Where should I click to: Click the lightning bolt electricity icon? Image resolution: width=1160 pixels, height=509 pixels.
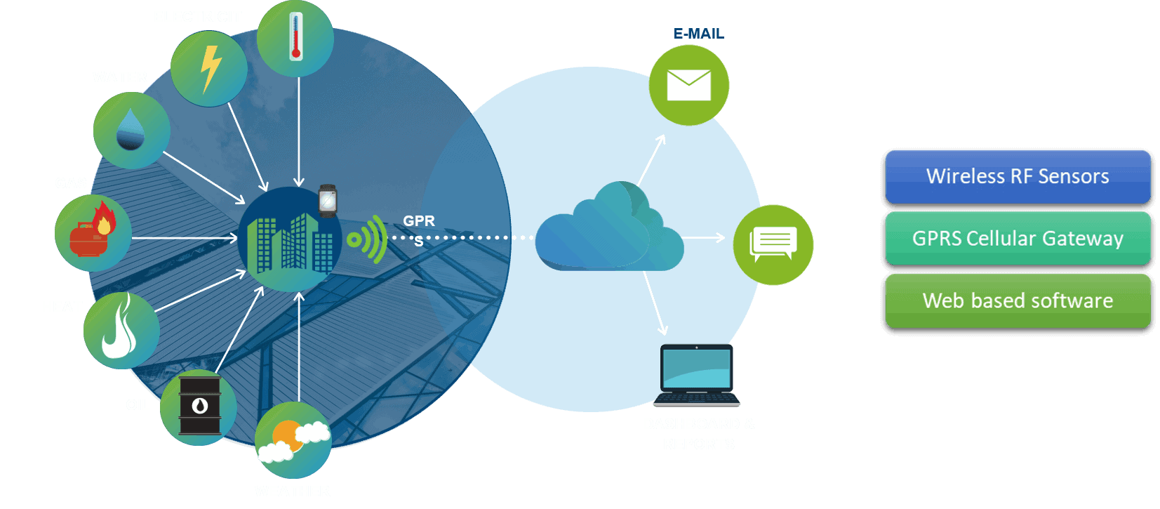pyautogui.click(x=210, y=69)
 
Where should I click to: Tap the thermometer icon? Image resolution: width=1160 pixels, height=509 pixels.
pyautogui.click(x=295, y=37)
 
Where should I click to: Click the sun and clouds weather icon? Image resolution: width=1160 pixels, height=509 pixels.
pyautogui.click(x=293, y=441)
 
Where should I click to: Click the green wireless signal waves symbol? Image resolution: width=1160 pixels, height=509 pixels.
pyautogui.click(x=369, y=239)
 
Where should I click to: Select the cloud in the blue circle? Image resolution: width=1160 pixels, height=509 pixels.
pyautogui.click(x=609, y=229)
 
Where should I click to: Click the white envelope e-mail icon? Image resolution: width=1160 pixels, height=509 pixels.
pyautogui.click(x=688, y=85)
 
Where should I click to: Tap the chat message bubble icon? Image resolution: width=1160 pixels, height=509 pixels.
pyautogui.click(x=773, y=244)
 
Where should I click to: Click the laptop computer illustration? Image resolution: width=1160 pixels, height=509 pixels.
pyautogui.click(x=697, y=376)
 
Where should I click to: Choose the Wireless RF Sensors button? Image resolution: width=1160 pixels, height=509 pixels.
pyautogui.click(x=1018, y=176)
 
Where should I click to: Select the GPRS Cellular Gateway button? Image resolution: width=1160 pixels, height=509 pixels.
pyautogui.click(x=1018, y=239)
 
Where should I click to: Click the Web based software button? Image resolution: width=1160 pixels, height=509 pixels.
pyautogui.click(x=1018, y=300)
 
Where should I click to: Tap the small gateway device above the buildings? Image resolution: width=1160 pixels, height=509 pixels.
pyautogui.click(x=328, y=201)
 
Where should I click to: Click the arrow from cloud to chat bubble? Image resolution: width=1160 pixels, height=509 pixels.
pyautogui.click(x=702, y=238)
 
